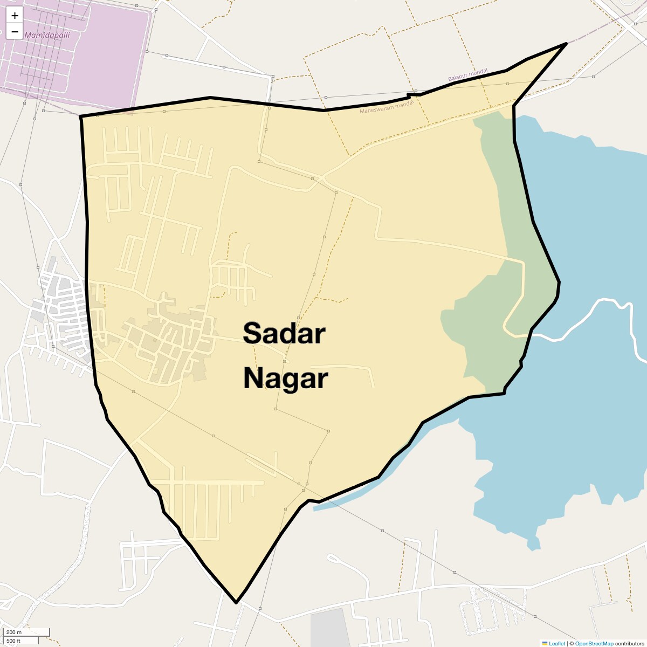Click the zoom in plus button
pos(15,16)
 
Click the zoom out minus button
pos(15,31)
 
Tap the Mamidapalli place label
pos(47,35)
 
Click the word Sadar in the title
pos(284,333)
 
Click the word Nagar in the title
pos(285,378)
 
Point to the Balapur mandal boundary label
pos(467,75)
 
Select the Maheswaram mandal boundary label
pos(386,107)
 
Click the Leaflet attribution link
pos(557,643)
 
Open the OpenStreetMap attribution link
pos(594,643)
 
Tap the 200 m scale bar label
pos(14,632)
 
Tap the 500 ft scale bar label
pos(13,641)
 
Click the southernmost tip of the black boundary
pos(236,602)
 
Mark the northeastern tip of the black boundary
pos(566,43)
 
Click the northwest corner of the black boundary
pos(81,116)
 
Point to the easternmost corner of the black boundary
pos(559,282)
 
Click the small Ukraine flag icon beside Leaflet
pos(545,643)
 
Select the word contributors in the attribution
pos(629,643)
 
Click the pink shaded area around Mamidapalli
pos(108,65)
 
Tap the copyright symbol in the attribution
pos(572,643)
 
